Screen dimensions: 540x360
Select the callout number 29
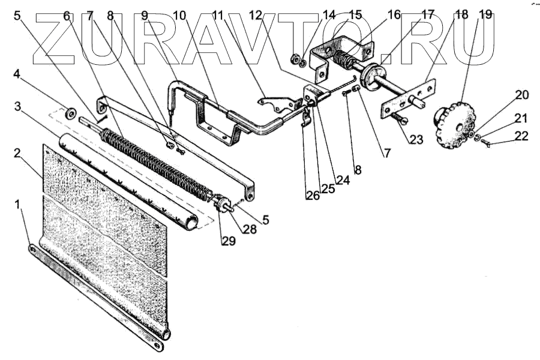pyautogui.click(x=227, y=241)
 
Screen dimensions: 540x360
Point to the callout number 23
pyautogui.click(x=416, y=140)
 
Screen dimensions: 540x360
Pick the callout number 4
pyautogui.click(x=18, y=75)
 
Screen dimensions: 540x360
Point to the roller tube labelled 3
pyautogui.click(x=126, y=180)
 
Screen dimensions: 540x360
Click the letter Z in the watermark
pyautogui.click(x=60, y=39)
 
